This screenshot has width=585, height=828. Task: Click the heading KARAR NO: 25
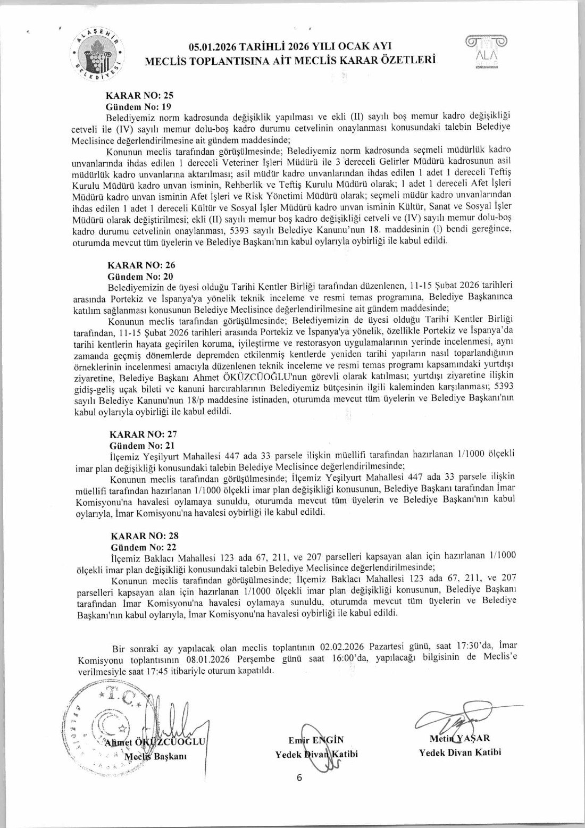click(x=140, y=96)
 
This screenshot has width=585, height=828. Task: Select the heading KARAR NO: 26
click(x=141, y=265)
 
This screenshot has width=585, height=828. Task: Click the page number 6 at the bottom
click(x=299, y=777)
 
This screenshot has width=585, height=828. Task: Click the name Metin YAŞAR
click(x=459, y=738)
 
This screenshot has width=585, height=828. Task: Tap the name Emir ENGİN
click(x=316, y=740)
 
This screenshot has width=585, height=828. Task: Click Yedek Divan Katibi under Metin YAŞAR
click(x=459, y=752)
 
